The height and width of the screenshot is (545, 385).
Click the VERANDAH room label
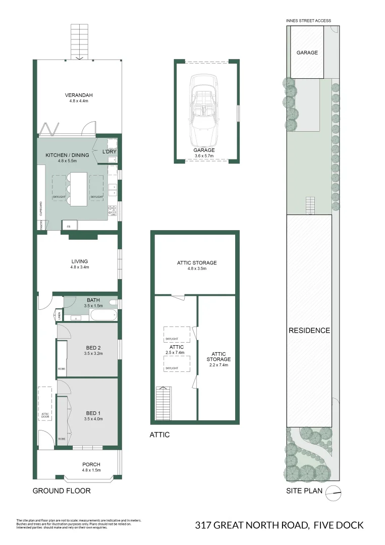79,95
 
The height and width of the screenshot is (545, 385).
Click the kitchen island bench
79,188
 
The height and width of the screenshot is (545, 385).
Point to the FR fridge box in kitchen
69,226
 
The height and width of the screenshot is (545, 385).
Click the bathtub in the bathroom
103,315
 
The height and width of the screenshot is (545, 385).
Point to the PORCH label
91,464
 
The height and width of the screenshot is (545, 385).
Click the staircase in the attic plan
164,402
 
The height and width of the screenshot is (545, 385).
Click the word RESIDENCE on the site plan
309,331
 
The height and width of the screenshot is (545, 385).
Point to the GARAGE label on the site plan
307,52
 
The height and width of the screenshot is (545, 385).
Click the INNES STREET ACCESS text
308,21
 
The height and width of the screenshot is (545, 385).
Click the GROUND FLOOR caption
62,490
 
